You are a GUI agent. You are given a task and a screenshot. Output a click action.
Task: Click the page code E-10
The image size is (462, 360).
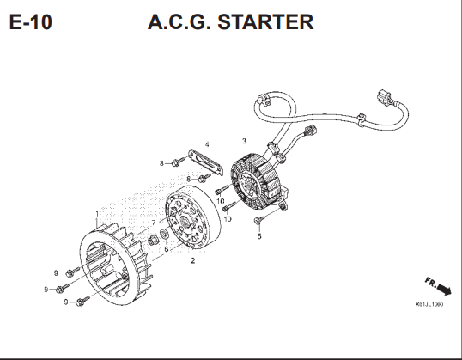click(31, 21)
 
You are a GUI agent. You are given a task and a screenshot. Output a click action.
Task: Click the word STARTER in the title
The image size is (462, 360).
click(265, 21)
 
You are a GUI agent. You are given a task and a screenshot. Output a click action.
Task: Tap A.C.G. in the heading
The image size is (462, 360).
click(179, 21)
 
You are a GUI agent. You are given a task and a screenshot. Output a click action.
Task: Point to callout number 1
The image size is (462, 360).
click(97, 213)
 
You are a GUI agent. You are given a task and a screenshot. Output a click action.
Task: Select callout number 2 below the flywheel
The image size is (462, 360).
click(193, 260)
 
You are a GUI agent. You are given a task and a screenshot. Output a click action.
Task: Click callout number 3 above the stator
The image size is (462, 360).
click(244, 141)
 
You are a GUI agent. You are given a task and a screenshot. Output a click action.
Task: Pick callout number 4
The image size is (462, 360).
click(207, 144)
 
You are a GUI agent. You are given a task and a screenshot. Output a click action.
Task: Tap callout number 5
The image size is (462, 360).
click(259, 236)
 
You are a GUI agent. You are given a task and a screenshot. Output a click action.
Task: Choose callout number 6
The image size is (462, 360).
click(167, 249)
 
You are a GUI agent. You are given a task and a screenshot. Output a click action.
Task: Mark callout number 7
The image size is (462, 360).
click(154, 223)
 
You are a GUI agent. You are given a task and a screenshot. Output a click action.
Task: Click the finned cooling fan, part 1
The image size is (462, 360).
click(116, 265)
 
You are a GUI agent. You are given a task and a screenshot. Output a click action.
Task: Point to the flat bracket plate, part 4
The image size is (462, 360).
click(205, 163)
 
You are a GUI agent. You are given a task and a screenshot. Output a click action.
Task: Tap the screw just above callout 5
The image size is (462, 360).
click(259, 219)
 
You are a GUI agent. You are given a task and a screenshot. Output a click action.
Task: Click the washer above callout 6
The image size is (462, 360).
click(164, 235)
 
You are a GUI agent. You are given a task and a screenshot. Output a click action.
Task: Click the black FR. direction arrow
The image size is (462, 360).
click(444, 289)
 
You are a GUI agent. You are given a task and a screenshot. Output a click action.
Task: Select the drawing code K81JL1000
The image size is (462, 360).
click(429, 304)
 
